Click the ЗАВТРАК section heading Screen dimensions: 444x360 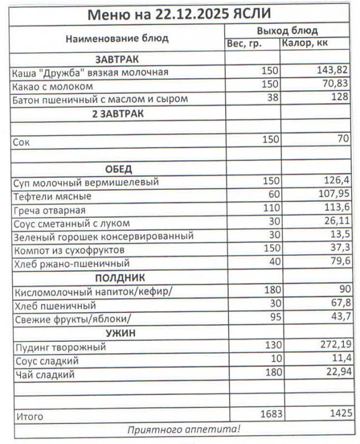coord(117,59)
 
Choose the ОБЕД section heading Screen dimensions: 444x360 coord(118,169)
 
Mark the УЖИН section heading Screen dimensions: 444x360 coord(117,333)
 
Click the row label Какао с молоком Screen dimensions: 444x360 coord(53,87)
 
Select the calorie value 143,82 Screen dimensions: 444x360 coord(332,72)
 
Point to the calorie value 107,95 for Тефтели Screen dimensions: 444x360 coord(332,196)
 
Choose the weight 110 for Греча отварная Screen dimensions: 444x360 coord(270,210)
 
